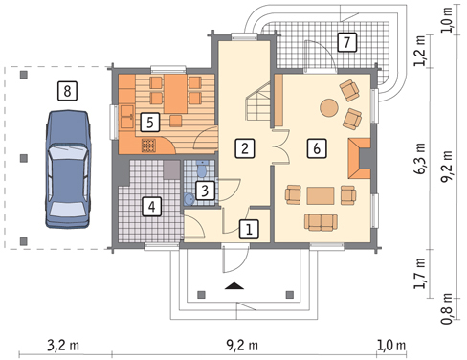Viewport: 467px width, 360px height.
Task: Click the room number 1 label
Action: pos(248,229)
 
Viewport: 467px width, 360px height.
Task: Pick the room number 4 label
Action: pos(150,205)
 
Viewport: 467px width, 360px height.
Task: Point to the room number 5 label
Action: pos(148,122)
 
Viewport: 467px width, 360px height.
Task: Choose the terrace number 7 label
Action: pos(345,41)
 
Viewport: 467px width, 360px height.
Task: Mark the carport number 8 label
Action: pos(65,91)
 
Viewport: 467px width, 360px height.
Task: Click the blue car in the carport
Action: pos(68,172)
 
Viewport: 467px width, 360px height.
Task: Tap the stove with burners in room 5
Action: pos(148,146)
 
